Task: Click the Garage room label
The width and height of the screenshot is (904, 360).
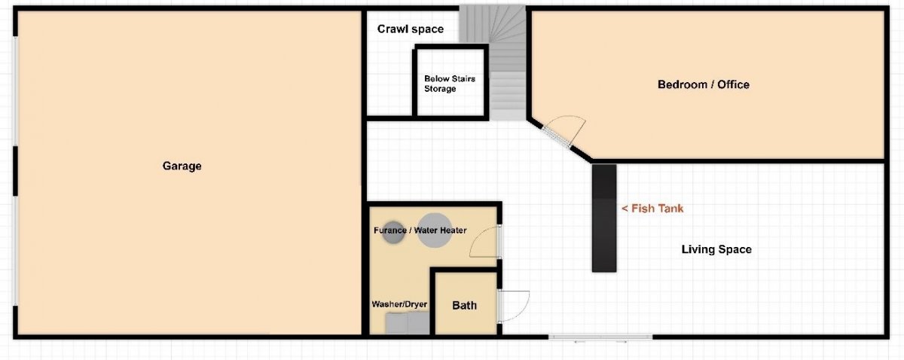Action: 182,166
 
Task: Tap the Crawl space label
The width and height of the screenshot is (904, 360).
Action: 410,29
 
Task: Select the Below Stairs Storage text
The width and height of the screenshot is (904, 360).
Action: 449,84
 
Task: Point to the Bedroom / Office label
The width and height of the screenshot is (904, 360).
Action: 704,84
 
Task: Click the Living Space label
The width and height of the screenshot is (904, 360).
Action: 716,249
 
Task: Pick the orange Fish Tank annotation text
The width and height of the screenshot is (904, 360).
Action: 652,209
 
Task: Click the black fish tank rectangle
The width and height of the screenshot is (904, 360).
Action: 604,218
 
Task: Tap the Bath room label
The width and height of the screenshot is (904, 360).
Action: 464,306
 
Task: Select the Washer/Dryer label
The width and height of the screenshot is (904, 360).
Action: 399,304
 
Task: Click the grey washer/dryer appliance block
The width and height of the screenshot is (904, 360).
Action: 408,323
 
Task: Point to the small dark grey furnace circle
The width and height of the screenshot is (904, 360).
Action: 393,233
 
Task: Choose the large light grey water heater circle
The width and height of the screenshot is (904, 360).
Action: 434,230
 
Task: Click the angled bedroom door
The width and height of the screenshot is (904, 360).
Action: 556,136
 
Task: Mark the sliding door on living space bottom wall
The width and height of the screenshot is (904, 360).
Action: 600,337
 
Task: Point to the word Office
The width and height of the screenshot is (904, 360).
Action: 733,84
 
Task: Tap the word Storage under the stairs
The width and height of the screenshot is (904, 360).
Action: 440,89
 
